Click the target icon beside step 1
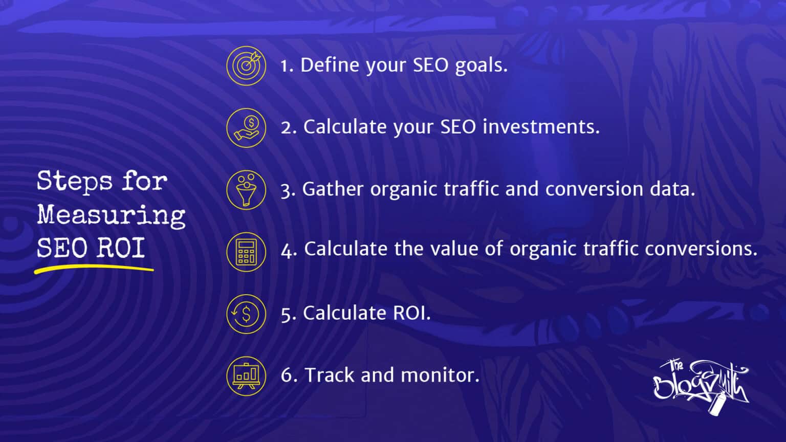[246, 65]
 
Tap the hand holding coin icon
[246, 127]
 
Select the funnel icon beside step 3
[246, 190]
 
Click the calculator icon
[246, 252]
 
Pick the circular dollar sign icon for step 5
[246, 314]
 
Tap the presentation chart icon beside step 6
[246, 375]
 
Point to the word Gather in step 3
[333, 189]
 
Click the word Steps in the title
[75, 182]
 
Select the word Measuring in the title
[111, 215]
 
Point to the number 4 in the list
[288, 251]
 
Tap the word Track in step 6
[330, 375]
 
